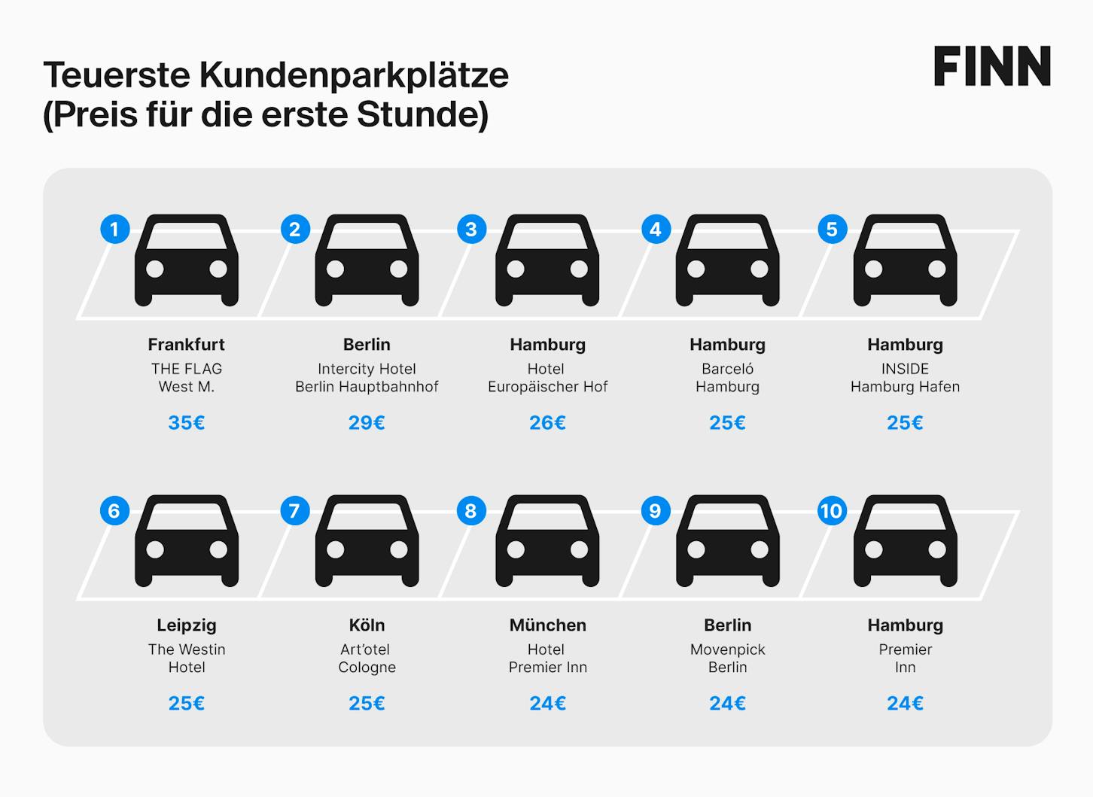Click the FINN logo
pyautogui.click(x=992, y=66)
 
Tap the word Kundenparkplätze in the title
pyautogui.click(x=354, y=75)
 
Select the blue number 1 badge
pyautogui.click(x=114, y=229)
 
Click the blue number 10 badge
pyautogui.click(x=832, y=510)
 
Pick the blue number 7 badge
pyautogui.click(x=295, y=510)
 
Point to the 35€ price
pyautogui.click(x=187, y=422)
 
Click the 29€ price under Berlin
pyautogui.click(x=367, y=422)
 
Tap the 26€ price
pyautogui.click(x=547, y=422)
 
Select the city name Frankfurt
pyautogui.click(x=187, y=345)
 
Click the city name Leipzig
pyautogui.click(x=187, y=625)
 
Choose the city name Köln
pyautogui.click(x=367, y=625)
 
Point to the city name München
pyautogui.click(x=548, y=625)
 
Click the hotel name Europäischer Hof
pyautogui.click(x=547, y=387)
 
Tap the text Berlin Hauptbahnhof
pyautogui.click(x=367, y=387)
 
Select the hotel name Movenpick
pyautogui.click(x=727, y=649)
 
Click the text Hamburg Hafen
pyautogui.click(x=905, y=387)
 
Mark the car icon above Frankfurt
pyautogui.click(x=187, y=260)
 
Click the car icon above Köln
pyautogui.click(x=367, y=541)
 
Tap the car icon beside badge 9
pyautogui.click(x=727, y=541)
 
